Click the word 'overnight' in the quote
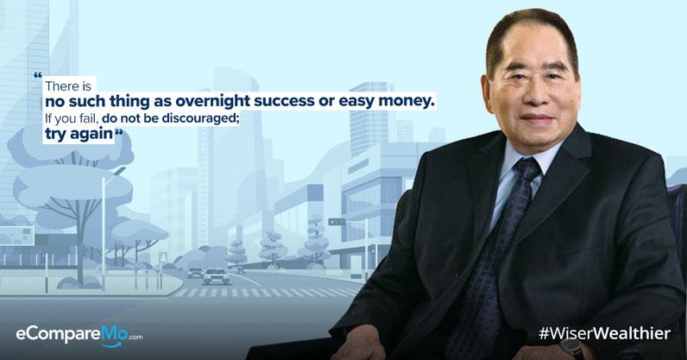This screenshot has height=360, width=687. point(213,102)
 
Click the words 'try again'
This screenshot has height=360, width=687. point(79,134)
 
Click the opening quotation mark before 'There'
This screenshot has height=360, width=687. point(38,75)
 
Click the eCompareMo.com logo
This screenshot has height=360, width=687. point(79,336)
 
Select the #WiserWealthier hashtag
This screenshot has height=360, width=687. point(605,334)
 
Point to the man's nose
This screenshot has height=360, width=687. point(534,98)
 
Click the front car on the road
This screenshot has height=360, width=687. point(216,276)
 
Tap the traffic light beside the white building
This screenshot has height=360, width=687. point(337,222)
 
